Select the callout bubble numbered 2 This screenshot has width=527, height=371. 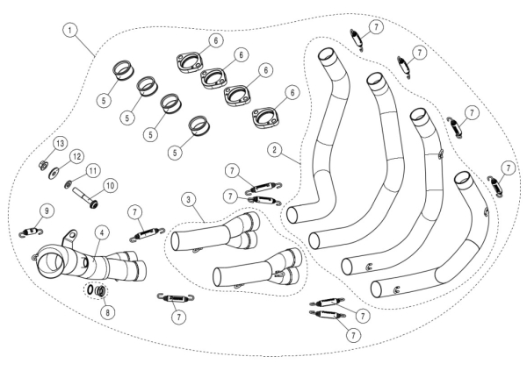pyautogui.click(x=276, y=150)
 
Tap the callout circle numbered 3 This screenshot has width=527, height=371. pyautogui.click(x=187, y=201)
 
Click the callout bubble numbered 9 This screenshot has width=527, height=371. pyautogui.click(x=47, y=210)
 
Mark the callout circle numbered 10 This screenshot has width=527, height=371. pyautogui.click(x=110, y=186)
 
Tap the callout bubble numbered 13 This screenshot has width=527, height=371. pyautogui.click(x=61, y=143)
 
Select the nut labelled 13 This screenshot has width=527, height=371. pyautogui.click(x=43, y=162)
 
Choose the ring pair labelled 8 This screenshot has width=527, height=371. pyautogui.click(x=96, y=290)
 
